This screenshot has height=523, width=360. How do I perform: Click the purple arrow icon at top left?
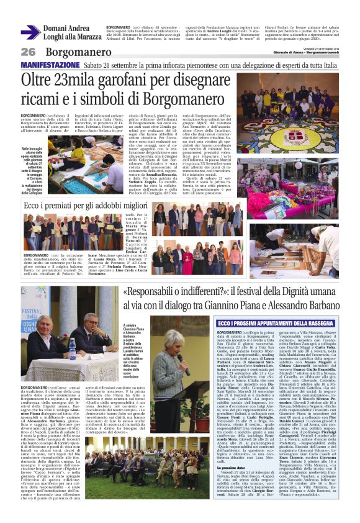pos(30,32)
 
